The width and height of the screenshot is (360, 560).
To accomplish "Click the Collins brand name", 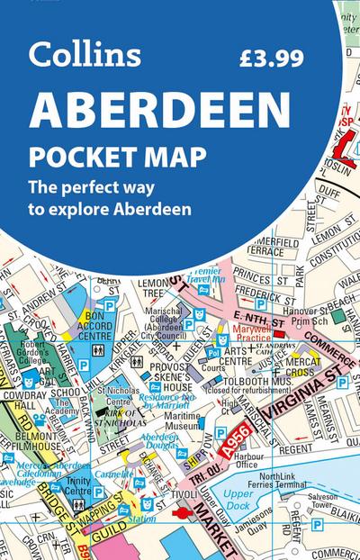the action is [85, 57].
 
